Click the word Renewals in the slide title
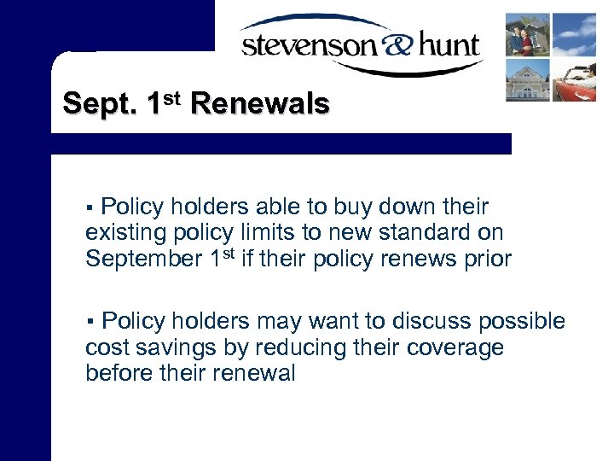(260, 104)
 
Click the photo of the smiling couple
(527, 34)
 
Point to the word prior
(485, 259)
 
